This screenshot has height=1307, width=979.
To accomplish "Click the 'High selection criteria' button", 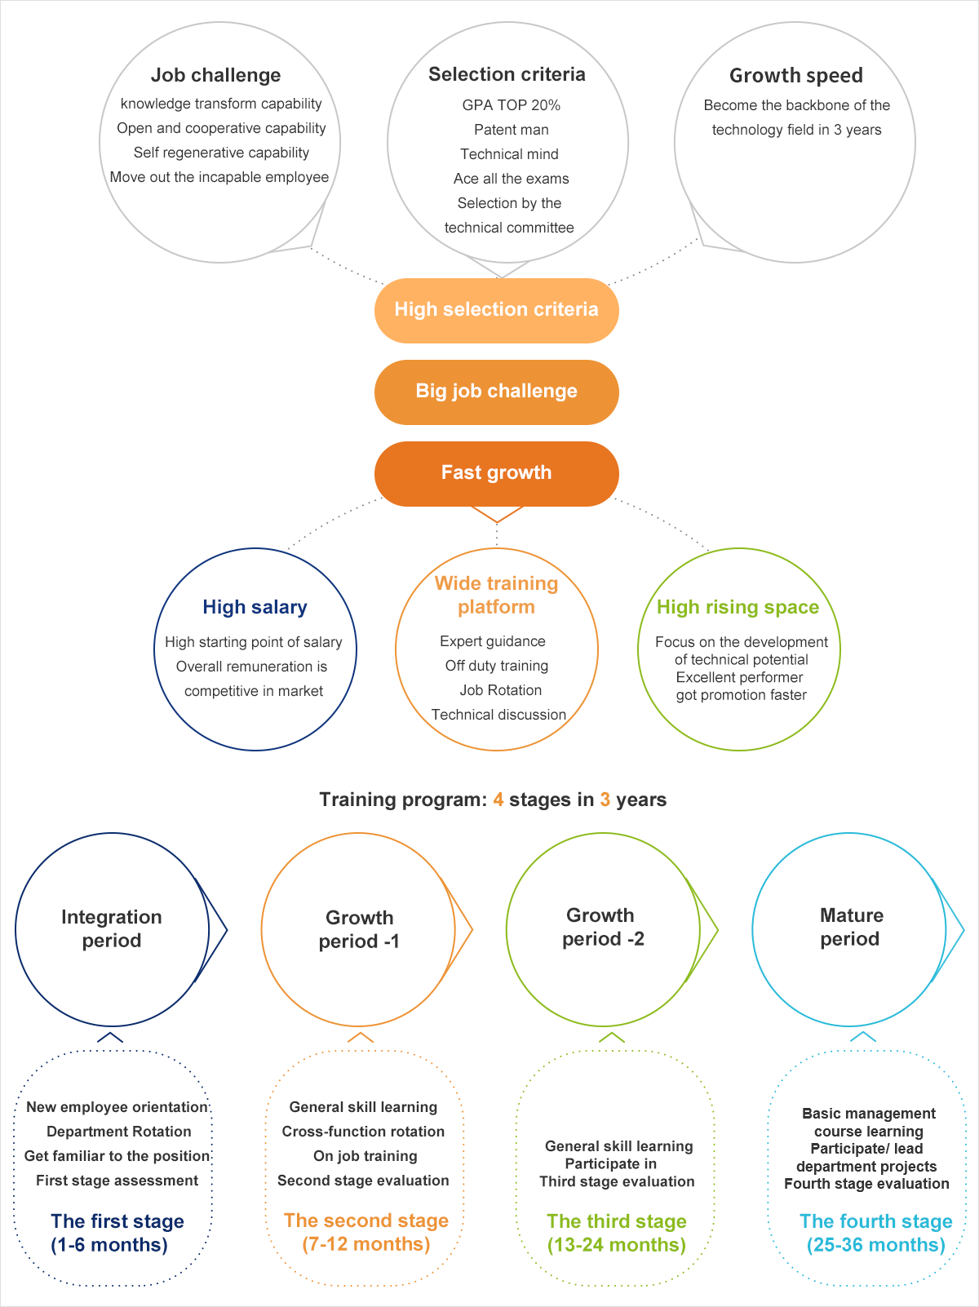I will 496,310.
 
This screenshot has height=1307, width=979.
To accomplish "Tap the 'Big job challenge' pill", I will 496,392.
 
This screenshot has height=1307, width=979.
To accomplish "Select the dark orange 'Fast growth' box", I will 496,473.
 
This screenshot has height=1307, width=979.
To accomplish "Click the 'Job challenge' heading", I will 215,75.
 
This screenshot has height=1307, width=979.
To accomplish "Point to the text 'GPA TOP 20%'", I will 511,105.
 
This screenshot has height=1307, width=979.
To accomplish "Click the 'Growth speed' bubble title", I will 795,75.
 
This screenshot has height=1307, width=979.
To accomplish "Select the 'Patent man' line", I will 511,130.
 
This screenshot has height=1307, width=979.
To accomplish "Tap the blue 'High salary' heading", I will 255,607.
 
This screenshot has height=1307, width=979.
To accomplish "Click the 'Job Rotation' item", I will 500,690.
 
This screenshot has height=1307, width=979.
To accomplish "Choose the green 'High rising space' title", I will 738,607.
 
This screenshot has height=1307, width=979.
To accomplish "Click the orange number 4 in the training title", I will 498,800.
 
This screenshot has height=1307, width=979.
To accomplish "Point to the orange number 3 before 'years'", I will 605,800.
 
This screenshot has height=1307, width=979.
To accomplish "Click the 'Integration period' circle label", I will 112,928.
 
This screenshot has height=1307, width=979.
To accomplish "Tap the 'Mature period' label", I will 851,927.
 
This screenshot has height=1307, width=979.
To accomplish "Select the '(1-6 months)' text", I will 109,1245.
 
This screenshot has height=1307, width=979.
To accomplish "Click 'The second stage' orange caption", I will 366,1221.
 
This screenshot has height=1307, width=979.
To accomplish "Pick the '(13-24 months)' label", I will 617,1245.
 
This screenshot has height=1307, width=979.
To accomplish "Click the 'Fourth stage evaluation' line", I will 866,1184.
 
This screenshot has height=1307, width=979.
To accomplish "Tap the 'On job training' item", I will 365,1156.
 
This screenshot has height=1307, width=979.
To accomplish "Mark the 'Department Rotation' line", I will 119,1132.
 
